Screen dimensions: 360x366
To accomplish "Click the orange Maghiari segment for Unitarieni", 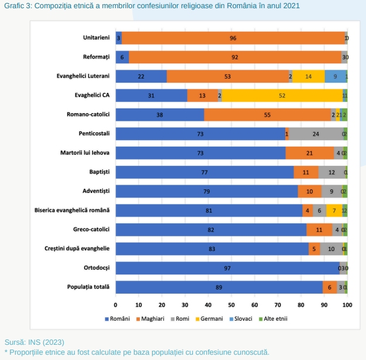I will tap(233, 38).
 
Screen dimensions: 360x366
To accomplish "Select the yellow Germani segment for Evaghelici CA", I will tap(282, 96).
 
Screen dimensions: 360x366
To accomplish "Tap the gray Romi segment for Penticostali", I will tap(316, 134).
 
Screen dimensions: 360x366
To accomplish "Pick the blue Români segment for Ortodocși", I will tap(227, 268).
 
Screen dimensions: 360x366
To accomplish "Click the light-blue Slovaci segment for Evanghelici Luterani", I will tap(334, 76).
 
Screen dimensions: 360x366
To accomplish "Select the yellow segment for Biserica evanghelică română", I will tap(334, 210).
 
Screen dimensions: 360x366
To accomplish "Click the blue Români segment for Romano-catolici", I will tap(159, 115).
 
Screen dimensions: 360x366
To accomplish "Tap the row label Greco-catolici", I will tap(92, 230).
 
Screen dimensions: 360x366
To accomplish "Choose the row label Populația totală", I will tap(90, 287).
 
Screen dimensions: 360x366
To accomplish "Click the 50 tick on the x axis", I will tap(231, 305).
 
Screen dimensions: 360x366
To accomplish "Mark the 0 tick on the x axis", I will tap(115, 305).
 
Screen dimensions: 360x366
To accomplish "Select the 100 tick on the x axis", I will tap(347, 305).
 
